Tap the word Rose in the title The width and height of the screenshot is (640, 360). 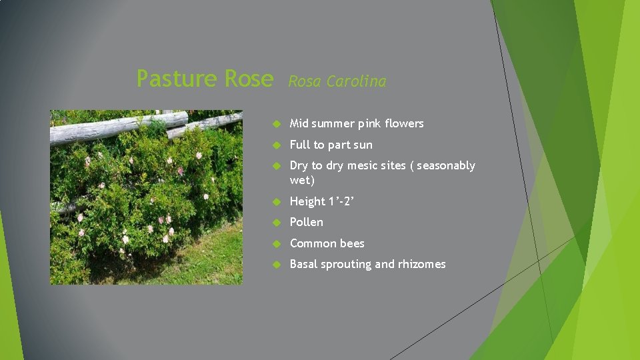coord(249,79)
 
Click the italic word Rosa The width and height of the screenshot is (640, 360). coord(303,81)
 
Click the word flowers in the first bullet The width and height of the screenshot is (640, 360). coord(404,123)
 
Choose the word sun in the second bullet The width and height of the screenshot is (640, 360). coord(363,145)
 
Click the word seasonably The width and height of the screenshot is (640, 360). coord(446,165)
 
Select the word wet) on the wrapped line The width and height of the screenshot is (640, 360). coord(302,180)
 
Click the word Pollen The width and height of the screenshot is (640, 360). coord(306,222)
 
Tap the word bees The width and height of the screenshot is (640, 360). coord(353,243)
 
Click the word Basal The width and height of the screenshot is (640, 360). coord(303,264)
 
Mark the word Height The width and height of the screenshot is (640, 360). coord(307,201)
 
